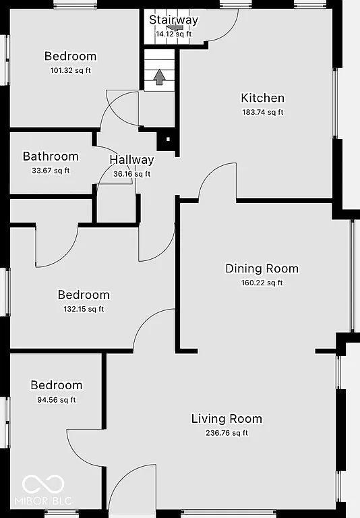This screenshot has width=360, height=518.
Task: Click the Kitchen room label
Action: tap(262, 98)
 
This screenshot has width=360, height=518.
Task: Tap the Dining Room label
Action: tap(262, 268)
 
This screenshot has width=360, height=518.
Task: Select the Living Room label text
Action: tap(227, 419)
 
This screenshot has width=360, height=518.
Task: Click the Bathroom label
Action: tap(51, 156)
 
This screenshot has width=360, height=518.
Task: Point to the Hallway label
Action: tap(131, 161)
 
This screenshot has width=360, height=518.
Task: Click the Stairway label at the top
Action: tap(174, 20)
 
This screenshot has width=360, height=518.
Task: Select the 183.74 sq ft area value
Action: tap(262, 113)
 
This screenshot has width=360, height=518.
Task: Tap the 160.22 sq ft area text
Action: tap(262, 283)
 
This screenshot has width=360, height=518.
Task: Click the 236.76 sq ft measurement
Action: tap(227, 433)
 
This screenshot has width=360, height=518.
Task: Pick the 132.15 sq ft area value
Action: tap(84, 310)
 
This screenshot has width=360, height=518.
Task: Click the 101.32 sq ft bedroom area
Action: tap(70, 70)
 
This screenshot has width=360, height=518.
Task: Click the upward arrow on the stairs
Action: tap(159, 78)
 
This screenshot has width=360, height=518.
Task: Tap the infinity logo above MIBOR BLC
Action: tap(43, 484)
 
